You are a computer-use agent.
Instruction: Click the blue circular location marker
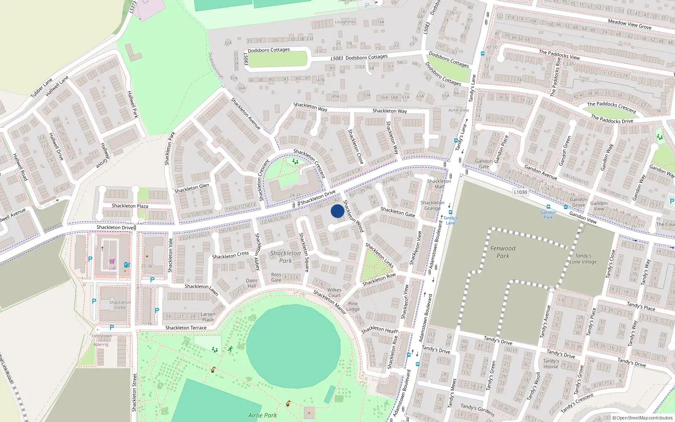click(337, 211)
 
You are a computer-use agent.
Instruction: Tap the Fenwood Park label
click(503, 252)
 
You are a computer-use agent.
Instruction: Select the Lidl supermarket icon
click(112, 262)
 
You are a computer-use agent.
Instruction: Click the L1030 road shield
click(521, 192)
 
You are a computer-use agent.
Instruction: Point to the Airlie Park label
click(262, 415)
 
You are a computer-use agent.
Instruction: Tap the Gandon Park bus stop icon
click(548, 207)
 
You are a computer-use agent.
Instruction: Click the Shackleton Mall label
click(439, 184)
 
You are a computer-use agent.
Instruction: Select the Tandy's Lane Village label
click(583, 259)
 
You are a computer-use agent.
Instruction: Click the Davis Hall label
click(252, 283)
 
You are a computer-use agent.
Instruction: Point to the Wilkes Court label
click(335, 292)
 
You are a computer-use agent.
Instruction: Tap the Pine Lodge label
click(353, 306)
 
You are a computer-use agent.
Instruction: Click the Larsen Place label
click(208, 317)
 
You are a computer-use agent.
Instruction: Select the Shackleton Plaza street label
click(130, 206)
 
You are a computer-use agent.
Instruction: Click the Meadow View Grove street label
click(629, 24)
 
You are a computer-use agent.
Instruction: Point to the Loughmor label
click(345, 22)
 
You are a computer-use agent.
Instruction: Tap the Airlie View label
click(459, 110)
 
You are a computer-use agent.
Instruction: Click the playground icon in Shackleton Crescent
click(295, 161)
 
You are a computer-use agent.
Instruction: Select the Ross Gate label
click(276, 277)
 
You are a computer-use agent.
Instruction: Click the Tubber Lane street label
click(41, 88)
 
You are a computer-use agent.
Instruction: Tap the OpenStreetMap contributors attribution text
click(643, 418)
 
